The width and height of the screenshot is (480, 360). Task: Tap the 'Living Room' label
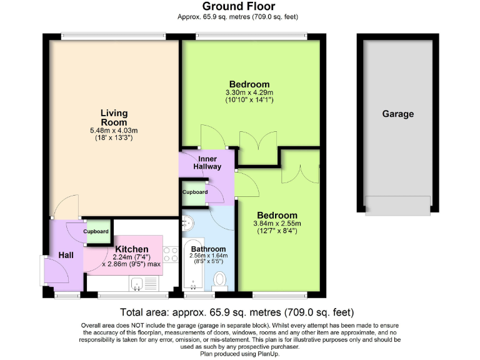(x=114, y=117)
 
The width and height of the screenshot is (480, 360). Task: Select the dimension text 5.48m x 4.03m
(x=114, y=131)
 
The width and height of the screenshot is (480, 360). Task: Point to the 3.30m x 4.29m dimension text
(x=249, y=93)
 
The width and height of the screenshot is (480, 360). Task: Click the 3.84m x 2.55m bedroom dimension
(x=277, y=223)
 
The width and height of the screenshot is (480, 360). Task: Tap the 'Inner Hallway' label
(x=206, y=163)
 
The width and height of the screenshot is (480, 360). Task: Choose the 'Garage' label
(x=398, y=114)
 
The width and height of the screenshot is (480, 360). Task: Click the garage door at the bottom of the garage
(x=397, y=204)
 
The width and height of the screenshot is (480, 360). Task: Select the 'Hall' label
(x=66, y=255)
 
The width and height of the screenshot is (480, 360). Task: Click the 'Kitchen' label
(x=131, y=249)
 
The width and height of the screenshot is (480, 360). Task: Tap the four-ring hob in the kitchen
(x=170, y=254)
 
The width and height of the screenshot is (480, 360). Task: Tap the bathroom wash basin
(x=187, y=222)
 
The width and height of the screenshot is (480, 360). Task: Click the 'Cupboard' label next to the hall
(x=96, y=231)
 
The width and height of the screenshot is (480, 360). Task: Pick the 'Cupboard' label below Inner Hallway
(x=195, y=192)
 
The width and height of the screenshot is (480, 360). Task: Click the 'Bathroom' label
(x=209, y=249)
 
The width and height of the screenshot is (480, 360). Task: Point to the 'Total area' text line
(x=237, y=312)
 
